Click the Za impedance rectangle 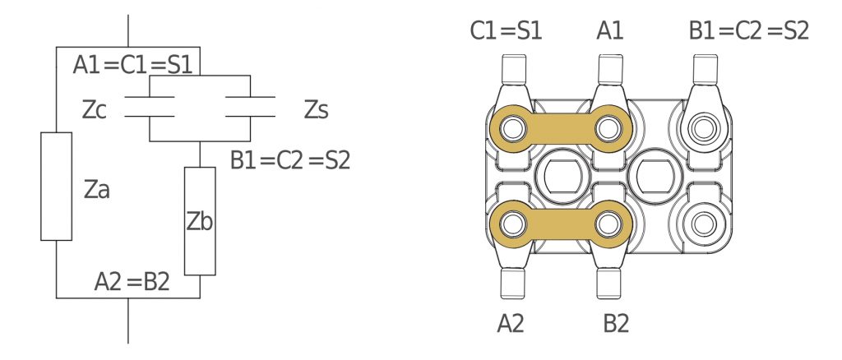point(57,187)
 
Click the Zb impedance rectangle point(200,221)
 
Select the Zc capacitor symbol point(150,106)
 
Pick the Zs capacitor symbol point(250,106)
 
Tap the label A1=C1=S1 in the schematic point(132,66)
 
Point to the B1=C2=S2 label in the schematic point(290,160)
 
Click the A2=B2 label point(132,282)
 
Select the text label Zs point(317,110)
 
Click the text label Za point(97,189)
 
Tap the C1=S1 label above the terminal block point(506,30)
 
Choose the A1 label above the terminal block point(610,30)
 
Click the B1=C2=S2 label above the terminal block point(748,30)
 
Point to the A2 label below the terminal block point(510,324)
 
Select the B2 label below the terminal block point(616,324)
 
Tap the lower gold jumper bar point(560,224)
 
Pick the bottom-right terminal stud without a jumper point(704,224)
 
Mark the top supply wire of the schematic point(127,30)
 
